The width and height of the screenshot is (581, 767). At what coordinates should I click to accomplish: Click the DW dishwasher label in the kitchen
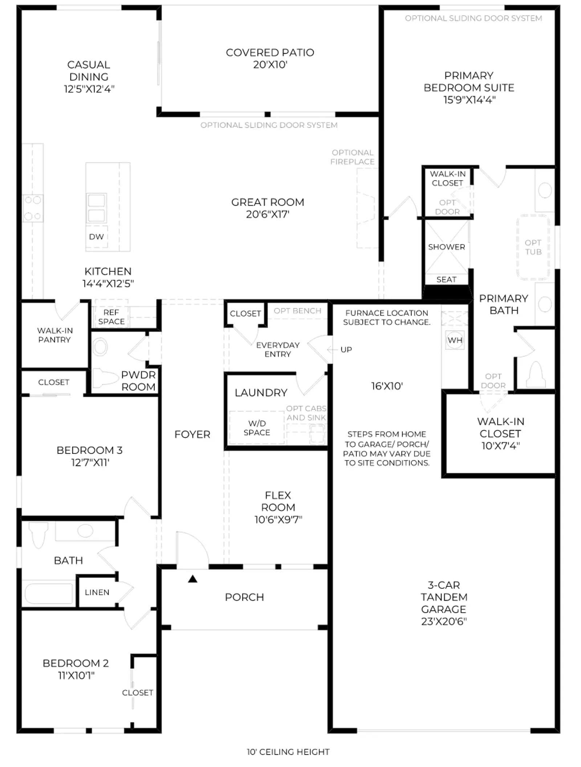click(x=96, y=237)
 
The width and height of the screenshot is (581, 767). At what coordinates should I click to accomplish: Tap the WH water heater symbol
click(x=455, y=341)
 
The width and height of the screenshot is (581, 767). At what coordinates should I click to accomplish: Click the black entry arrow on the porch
click(x=192, y=579)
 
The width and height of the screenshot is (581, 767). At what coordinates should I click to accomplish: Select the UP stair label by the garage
click(x=346, y=350)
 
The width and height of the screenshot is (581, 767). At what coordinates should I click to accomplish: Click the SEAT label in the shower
click(x=446, y=280)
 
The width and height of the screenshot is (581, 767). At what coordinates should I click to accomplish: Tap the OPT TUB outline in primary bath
click(x=533, y=247)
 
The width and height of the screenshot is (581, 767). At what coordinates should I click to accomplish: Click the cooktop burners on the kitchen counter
click(x=33, y=208)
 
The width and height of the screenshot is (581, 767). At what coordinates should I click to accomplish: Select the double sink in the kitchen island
click(x=96, y=208)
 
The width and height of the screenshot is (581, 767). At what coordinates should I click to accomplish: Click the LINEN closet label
click(x=97, y=592)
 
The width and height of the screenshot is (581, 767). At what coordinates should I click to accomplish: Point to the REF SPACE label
click(x=111, y=317)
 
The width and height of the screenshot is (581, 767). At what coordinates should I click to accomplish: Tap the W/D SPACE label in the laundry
click(x=257, y=428)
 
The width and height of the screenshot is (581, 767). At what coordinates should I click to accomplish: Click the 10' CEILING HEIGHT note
click(x=288, y=752)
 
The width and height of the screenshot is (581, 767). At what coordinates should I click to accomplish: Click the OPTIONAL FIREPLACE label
click(x=352, y=157)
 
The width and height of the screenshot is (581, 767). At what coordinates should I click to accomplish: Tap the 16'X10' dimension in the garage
click(x=387, y=386)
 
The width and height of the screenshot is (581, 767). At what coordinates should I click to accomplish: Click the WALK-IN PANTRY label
click(x=55, y=335)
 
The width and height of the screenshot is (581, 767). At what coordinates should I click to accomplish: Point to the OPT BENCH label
click(x=297, y=311)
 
